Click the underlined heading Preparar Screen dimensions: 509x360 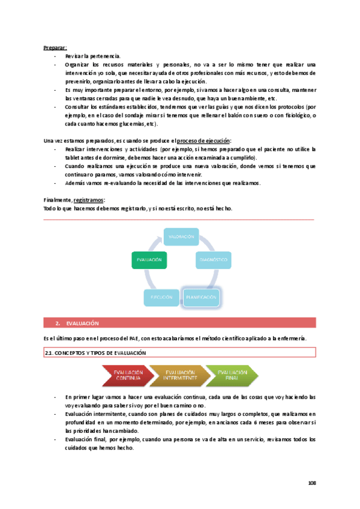click(x=55, y=47)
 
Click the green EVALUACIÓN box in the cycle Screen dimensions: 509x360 click(x=149, y=260)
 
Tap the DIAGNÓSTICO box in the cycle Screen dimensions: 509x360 click(x=212, y=260)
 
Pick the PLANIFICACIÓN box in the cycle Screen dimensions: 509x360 click(x=200, y=297)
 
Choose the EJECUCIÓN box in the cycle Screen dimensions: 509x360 click(x=161, y=297)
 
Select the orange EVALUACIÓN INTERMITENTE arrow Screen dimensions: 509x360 click(x=180, y=376)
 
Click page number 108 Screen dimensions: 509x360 click(x=311, y=483)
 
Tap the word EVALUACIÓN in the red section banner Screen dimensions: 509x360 click(x=82, y=324)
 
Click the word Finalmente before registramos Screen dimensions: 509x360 click(x=58, y=200)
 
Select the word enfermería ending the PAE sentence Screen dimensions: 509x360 click(x=290, y=339)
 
